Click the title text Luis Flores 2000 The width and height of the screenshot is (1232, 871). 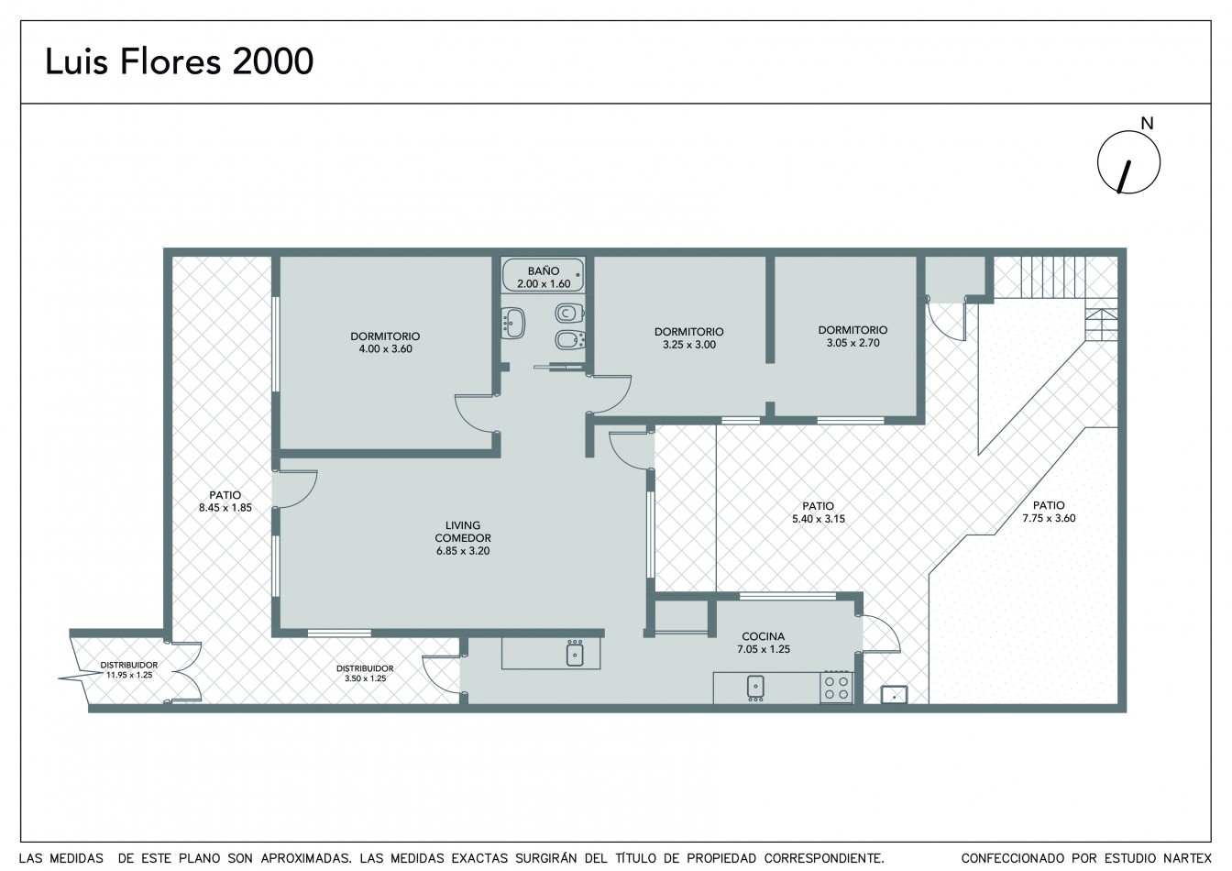(x=179, y=61)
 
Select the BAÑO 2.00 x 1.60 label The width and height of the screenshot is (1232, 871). (x=544, y=277)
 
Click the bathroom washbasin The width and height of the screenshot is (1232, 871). (x=513, y=323)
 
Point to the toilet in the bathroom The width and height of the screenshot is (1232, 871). (x=569, y=313)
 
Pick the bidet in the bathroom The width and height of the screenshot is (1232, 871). (x=570, y=340)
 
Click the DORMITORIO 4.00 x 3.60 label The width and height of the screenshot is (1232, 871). (x=385, y=342)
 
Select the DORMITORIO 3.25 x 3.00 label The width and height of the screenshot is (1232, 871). (x=689, y=338)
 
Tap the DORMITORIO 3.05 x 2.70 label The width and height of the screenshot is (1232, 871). (x=853, y=336)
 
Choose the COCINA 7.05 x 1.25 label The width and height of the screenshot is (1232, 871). (x=764, y=643)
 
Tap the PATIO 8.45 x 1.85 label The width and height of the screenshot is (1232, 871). (x=225, y=502)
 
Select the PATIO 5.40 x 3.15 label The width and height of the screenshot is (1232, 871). (x=819, y=513)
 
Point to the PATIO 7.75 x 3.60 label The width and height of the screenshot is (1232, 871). (x=1049, y=512)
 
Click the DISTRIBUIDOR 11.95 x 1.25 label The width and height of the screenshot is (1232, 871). (x=129, y=670)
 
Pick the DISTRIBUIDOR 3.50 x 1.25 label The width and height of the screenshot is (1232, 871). (x=365, y=674)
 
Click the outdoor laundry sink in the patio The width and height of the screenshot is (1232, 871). (x=895, y=694)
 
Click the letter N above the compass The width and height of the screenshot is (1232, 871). (x=1147, y=124)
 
